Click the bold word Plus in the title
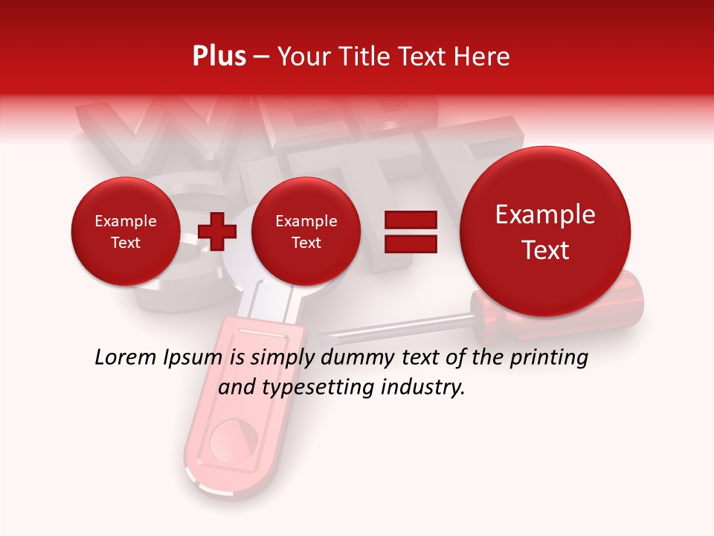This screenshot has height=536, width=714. tap(219, 57)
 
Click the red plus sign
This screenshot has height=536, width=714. tap(217, 231)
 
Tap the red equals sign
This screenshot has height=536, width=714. tap(411, 231)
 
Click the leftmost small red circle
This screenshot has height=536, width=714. tap(125, 231)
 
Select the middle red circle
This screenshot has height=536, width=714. tap(306, 231)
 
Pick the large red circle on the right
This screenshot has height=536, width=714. tap(545, 231)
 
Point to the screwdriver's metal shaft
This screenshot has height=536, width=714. tap(402, 328)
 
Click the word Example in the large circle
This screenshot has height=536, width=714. tap(545, 214)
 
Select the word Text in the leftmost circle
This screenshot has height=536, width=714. tap(125, 243)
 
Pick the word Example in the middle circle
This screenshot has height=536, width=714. tap(306, 221)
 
